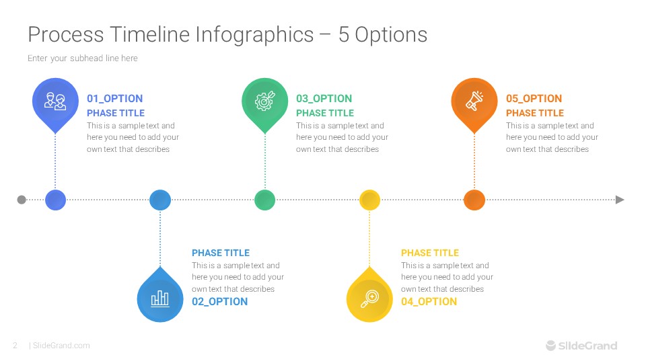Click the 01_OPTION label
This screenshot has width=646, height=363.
(114, 99)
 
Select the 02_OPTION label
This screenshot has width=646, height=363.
(219, 302)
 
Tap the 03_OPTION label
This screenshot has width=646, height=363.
(324, 99)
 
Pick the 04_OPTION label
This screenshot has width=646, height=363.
(429, 302)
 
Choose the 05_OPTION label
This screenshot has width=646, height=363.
(534, 99)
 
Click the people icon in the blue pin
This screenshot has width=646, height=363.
(55, 101)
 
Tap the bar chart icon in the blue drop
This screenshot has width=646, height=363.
(160, 298)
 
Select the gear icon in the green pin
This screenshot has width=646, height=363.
(264, 101)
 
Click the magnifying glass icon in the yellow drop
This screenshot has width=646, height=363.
(369, 298)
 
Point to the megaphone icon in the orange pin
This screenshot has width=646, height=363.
(474, 101)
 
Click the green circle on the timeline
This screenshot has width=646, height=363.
(264, 200)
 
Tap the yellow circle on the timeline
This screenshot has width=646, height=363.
(369, 200)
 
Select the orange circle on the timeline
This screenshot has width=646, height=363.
(474, 200)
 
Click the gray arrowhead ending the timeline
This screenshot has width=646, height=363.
(620, 200)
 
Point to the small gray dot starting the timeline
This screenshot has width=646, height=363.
(22, 200)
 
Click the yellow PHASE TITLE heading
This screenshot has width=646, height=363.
(429, 253)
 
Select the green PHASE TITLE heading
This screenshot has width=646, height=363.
(324, 113)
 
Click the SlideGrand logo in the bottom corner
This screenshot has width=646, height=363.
(581, 346)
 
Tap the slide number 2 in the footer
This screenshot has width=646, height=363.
(15, 346)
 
